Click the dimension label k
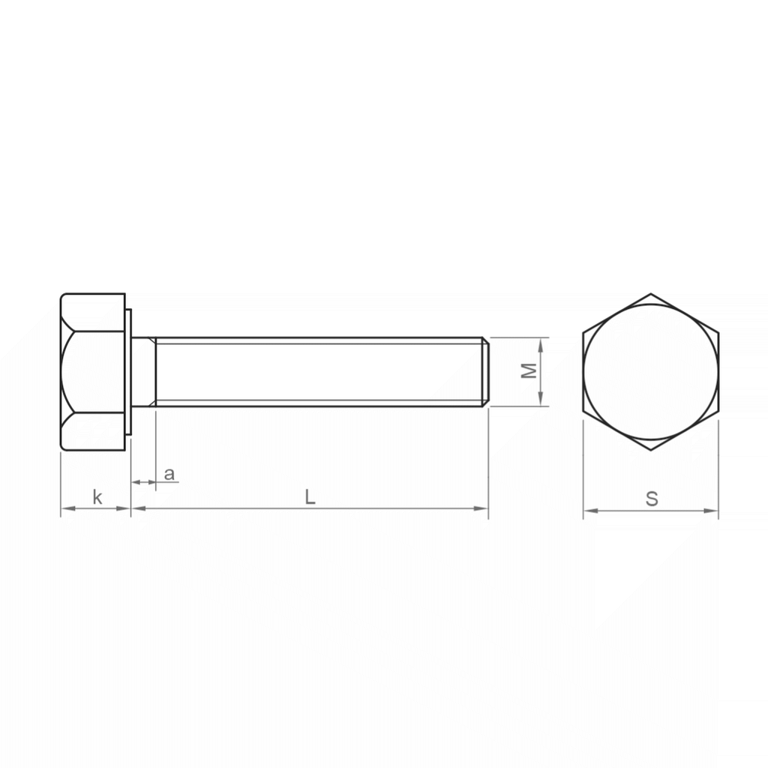click(97, 496)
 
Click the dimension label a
click(169, 474)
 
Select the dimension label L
click(310, 496)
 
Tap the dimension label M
click(529, 371)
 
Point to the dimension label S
click(652, 499)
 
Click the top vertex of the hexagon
click(651, 293)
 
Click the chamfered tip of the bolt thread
click(486, 372)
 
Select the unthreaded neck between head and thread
click(143, 372)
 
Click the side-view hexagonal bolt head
click(93, 372)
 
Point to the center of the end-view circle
click(651, 372)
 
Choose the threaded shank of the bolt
click(319, 372)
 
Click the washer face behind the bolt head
click(128, 372)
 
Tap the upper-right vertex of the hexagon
click(718, 332)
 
